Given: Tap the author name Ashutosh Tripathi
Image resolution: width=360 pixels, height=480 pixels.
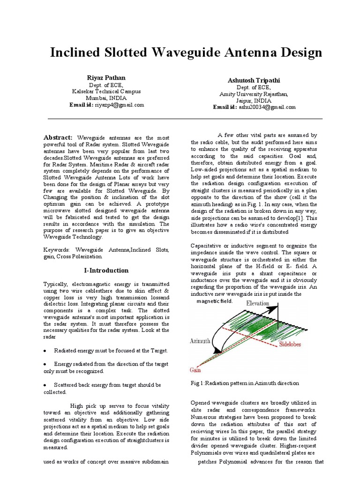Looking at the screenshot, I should [255, 81].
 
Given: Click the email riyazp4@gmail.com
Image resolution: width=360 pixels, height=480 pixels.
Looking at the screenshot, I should [120, 105].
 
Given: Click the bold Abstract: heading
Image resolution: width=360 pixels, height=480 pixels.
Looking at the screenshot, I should [58, 137].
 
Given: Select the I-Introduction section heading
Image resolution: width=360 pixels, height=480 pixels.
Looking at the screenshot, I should [106, 270].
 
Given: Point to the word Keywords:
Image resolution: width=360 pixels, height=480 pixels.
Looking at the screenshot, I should [56, 250].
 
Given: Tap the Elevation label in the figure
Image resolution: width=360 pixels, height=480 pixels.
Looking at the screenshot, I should [258, 303].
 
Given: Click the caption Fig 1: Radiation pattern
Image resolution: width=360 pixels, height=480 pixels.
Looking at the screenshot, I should [244, 383].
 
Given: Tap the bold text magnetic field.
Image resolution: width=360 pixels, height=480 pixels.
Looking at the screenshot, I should [214, 301].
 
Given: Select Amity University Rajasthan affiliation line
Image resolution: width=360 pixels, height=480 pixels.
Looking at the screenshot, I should [254, 94].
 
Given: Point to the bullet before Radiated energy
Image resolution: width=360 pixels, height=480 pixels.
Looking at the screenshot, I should [45, 350].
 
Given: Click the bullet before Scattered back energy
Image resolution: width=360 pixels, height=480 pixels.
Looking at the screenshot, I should [45, 385].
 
